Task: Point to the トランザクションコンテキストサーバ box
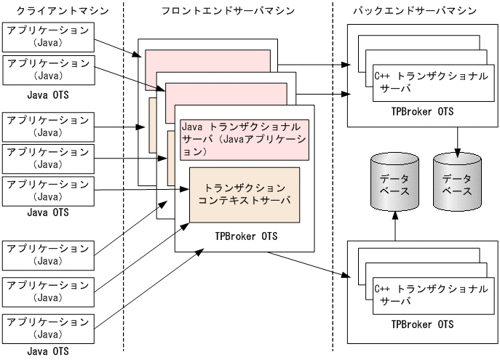pyautogui.click(x=244, y=194)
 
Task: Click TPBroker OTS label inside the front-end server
pyautogui.click(x=246, y=236)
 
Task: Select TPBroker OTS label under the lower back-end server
pyautogui.click(x=422, y=324)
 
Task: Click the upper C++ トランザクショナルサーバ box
pyautogui.click(x=430, y=81)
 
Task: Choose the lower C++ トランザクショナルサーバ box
pyautogui.click(x=430, y=294)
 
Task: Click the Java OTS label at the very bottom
pyautogui.click(x=48, y=352)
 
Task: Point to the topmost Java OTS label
pyautogui.click(x=48, y=93)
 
